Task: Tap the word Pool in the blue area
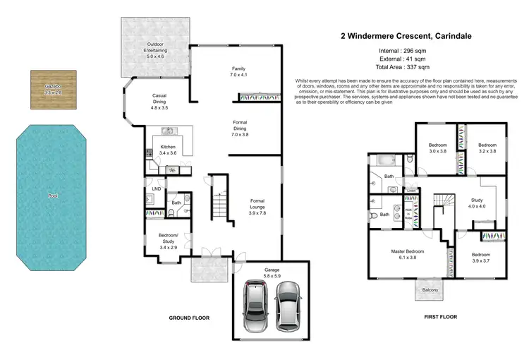point(53,196)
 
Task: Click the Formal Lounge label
point(257,205)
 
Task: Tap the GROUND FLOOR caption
point(188,318)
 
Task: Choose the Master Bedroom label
point(408,255)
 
